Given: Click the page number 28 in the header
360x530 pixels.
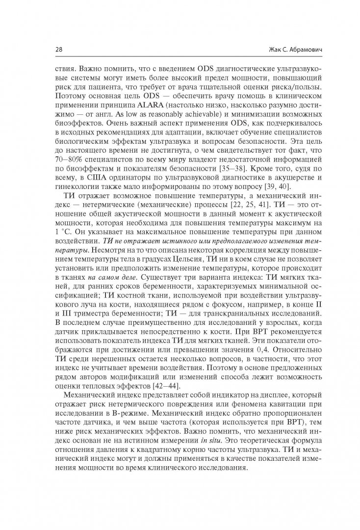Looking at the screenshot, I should click(x=58, y=51).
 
